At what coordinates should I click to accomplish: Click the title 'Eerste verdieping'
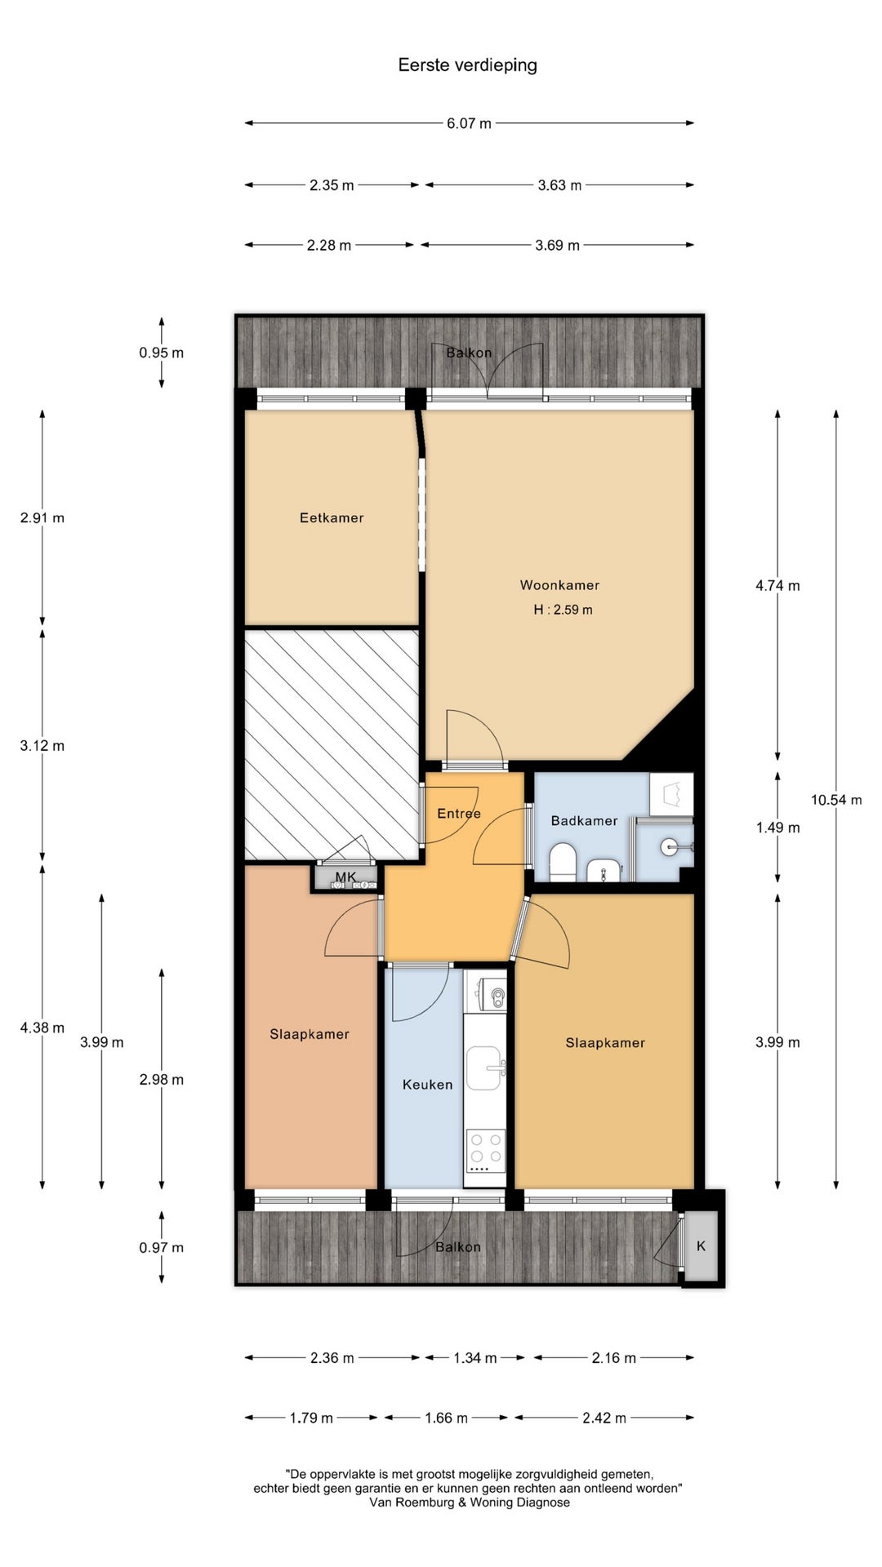(x=467, y=65)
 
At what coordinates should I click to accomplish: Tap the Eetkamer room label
(x=332, y=517)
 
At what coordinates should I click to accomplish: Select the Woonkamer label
(x=559, y=585)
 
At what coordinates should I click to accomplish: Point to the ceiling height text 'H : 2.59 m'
(x=563, y=610)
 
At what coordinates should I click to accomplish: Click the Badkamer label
(x=584, y=821)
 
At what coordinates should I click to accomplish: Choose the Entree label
(x=459, y=814)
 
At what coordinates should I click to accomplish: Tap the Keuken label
(x=427, y=1085)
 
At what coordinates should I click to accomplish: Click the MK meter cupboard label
(x=345, y=877)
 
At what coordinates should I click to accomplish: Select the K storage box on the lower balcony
(x=701, y=1246)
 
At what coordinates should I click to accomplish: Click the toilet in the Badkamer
(x=563, y=862)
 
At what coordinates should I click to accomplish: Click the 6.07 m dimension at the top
(x=469, y=123)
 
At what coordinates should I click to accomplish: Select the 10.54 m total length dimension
(x=836, y=800)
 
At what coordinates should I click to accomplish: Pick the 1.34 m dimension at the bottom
(x=475, y=1358)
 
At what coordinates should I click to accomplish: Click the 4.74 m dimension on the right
(x=777, y=585)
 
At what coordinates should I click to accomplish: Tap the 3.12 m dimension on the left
(x=42, y=745)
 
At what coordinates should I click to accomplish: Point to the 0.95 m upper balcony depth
(x=161, y=353)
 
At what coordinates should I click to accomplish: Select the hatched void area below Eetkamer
(x=332, y=744)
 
